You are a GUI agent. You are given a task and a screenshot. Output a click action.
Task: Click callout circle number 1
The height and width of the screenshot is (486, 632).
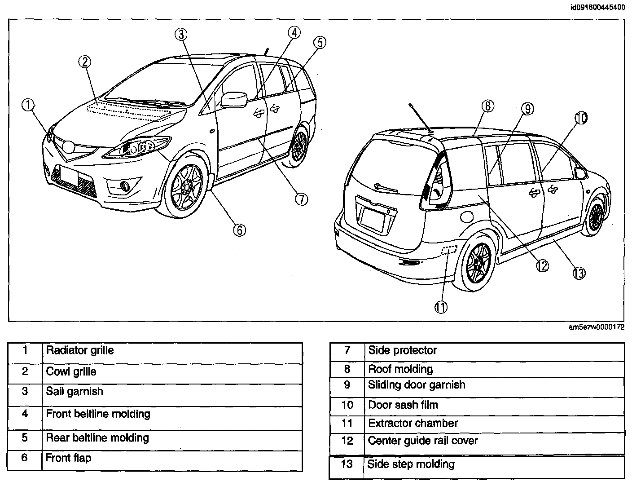tap(28, 105)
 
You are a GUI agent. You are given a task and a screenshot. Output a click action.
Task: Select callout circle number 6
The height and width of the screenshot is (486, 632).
tap(239, 230)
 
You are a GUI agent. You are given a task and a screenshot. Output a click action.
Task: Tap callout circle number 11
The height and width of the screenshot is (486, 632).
tap(441, 307)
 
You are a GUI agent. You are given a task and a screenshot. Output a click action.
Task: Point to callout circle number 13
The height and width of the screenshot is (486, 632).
tap(579, 273)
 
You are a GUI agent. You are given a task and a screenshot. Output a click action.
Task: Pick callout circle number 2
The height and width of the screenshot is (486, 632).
tap(85, 62)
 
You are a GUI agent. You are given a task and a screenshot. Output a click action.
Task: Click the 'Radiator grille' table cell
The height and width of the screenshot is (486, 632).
tap(80, 350)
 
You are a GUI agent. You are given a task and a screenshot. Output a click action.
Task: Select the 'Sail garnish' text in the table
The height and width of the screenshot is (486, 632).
tap(75, 391)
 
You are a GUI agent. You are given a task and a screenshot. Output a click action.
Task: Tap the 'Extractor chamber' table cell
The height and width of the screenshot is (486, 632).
tap(413, 423)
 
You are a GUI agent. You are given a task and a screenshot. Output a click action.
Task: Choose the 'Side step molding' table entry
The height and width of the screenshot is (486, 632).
tap(411, 464)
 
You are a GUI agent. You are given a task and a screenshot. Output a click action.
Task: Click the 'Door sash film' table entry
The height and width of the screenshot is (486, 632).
tap(403, 405)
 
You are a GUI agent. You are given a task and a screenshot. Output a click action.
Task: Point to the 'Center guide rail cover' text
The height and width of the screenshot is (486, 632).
tap(423, 441)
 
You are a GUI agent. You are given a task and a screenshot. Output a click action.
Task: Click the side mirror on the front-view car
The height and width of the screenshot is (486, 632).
tap(234, 100)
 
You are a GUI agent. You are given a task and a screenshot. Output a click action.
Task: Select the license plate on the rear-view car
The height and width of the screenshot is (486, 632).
tap(373, 217)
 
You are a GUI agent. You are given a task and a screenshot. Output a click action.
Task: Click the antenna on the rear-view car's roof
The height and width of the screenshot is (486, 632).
tap(420, 118)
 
